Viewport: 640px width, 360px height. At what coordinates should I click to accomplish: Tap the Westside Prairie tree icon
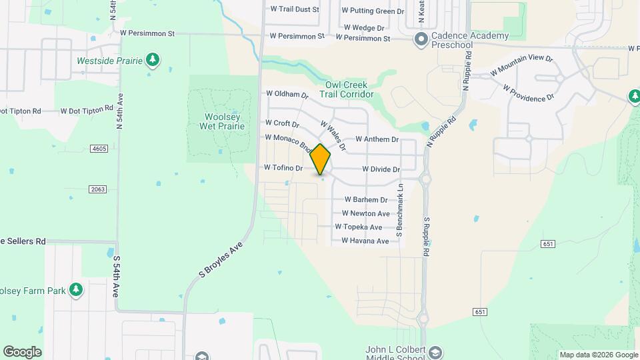point(153,61)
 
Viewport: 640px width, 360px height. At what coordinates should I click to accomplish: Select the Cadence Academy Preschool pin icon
point(421,39)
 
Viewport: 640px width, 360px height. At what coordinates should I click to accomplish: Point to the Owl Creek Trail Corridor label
point(349,90)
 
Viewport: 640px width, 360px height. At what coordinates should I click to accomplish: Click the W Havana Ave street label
point(365,241)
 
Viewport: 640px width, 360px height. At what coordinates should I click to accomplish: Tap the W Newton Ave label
point(365,213)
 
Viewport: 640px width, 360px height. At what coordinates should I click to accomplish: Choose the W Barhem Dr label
point(365,199)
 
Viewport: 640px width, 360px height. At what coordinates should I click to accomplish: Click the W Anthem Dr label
point(377,139)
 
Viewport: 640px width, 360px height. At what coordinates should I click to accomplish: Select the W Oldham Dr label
point(287,95)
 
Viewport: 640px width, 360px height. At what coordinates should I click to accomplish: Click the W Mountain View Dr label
point(521,65)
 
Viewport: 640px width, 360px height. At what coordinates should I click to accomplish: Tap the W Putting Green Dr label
point(373,11)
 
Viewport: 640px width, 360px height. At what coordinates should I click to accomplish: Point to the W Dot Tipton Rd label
point(87,110)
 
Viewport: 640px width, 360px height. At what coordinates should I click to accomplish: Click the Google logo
point(22,351)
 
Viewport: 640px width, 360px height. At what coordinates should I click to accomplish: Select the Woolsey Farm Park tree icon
point(77,289)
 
